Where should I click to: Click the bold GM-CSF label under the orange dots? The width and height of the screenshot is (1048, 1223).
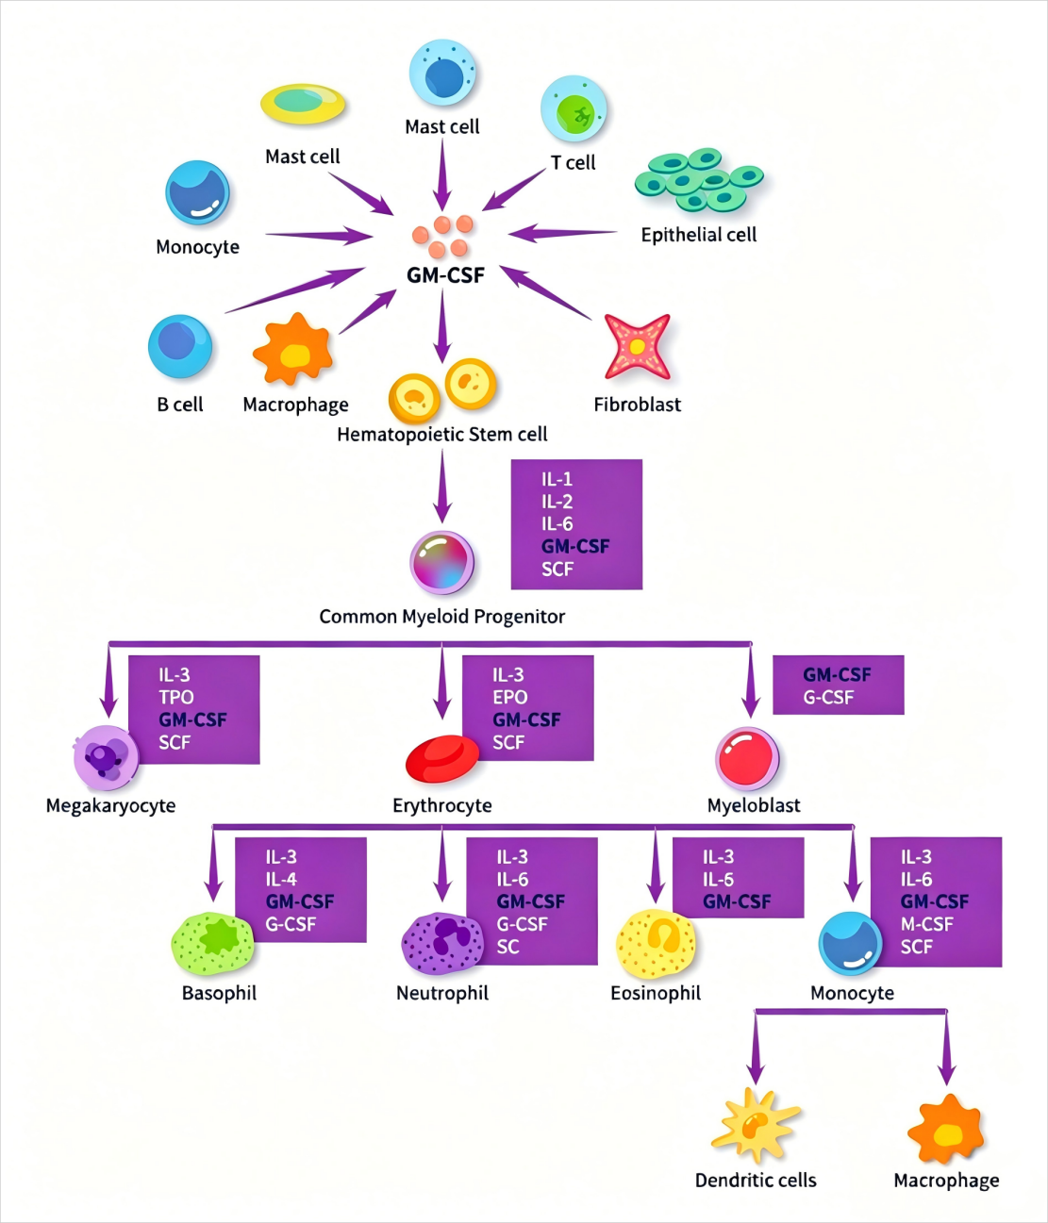pyautogui.click(x=445, y=275)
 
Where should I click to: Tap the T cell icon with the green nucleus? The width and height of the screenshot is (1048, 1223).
pyautogui.click(x=574, y=109)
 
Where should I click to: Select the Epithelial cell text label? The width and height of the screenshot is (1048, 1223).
pyautogui.click(x=699, y=235)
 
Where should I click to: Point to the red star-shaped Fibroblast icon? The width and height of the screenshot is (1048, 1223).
pyautogui.click(x=638, y=347)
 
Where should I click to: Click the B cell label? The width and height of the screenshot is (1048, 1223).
pyautogui.click(x=180, y=405)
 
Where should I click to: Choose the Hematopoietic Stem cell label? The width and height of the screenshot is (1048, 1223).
pyautogui.click(x=442, y=435)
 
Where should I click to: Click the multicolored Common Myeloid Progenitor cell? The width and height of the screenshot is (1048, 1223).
pyautogui.click(x=442, y=562)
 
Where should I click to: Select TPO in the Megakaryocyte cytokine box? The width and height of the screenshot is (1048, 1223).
pyautogui.click(x=176, y=697)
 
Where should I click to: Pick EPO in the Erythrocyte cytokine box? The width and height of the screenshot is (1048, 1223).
pyautogui.click(x=510, y=697)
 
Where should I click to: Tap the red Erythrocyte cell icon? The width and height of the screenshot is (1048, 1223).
pyautogui.click(x=442, y=758)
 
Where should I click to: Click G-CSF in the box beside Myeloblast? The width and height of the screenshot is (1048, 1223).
pyautogui.click(x=828, y=697)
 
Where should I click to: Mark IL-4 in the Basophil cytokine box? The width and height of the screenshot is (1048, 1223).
pyautogui.click(x=281, y=879)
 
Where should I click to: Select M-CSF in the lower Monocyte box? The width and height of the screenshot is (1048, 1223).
pyautogui.click(x=926, y=924)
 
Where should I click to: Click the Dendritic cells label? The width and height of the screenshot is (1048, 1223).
pyautogui.click(x=756, y=1181)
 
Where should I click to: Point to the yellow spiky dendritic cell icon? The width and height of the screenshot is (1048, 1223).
pyautogui.click(x=756, y=1125)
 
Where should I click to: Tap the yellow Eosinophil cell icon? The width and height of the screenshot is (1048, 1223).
pyautogui.click(x=656, y=944)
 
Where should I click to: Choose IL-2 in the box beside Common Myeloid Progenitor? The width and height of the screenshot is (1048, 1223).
pyautogui.click(x=557, y=502)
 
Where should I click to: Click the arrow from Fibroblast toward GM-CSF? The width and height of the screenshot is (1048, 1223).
pyautogui.click(x=546, y=293)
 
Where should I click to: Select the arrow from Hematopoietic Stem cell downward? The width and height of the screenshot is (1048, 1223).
pyautogui.click(x=442, y=486)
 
